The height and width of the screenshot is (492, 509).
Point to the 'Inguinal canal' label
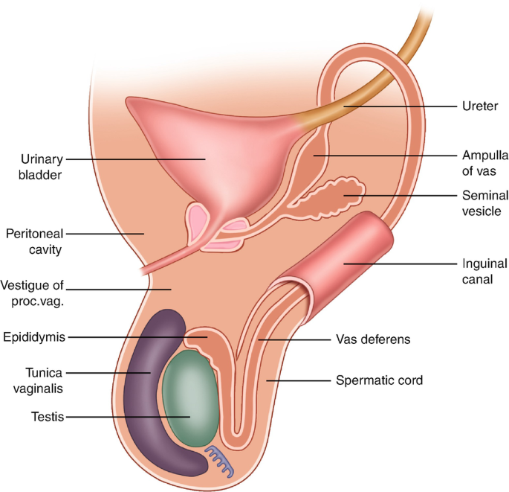tap(484, 271)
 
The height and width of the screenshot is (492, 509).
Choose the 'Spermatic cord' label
tap(380, 380)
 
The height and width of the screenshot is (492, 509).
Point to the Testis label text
tap(45, 418)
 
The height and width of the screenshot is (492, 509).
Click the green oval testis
tap(192, 398)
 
